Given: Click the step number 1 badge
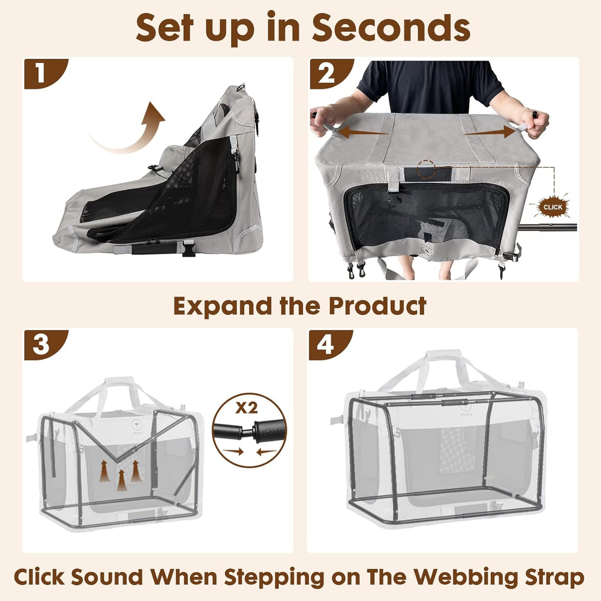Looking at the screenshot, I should (x=41, y=74).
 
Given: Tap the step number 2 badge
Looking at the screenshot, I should (x=326, y=74).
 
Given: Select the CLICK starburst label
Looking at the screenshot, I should (x=552, y=207).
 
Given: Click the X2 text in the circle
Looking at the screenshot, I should (x=247, y=408).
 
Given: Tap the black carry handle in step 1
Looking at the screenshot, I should (x=150, y=249).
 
